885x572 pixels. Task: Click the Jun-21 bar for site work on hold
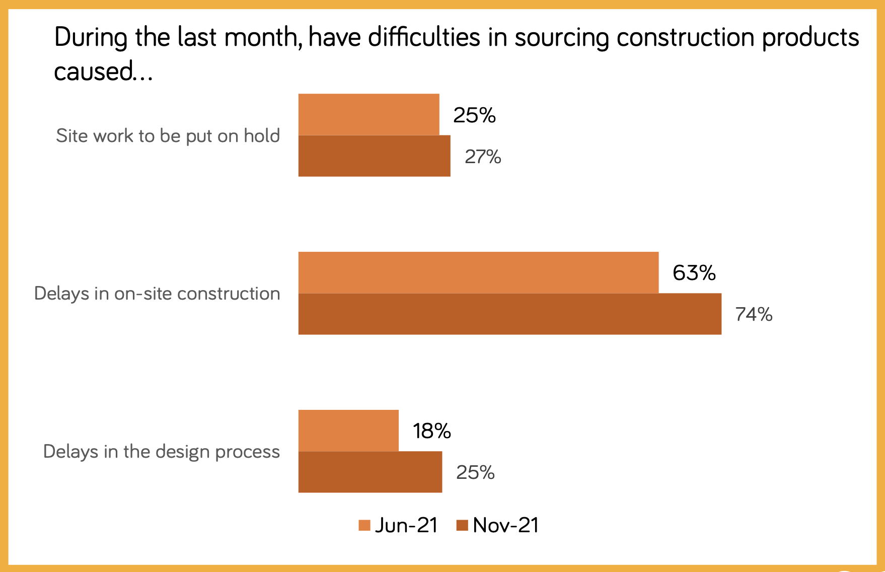coord(368,114)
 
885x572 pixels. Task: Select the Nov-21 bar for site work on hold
coord(374,156)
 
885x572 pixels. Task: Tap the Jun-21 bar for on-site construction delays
coord(478,272)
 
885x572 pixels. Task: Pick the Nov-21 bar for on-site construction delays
coord(509,314)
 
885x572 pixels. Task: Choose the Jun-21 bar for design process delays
coord(348,431)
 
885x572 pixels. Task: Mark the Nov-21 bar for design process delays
coord(370,472)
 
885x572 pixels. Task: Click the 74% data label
coord(754,314)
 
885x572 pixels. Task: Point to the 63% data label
coord(694,273)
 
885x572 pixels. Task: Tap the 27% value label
coord(483,157)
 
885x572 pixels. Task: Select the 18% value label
coord(431,431)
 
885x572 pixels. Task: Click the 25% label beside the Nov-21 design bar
coord(475,472)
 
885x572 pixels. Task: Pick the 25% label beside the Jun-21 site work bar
coord(474,115)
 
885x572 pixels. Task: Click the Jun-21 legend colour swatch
coord(364,525)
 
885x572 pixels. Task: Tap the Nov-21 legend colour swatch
coord(462,525)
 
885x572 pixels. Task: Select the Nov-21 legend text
coord(506,525)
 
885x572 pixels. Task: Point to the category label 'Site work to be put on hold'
coord(168,135)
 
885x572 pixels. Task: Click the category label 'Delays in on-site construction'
coord(157,294)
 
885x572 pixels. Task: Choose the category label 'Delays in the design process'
coord(161,452)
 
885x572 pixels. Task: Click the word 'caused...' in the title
coord(103,71)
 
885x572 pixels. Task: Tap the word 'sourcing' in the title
coord(561,38)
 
